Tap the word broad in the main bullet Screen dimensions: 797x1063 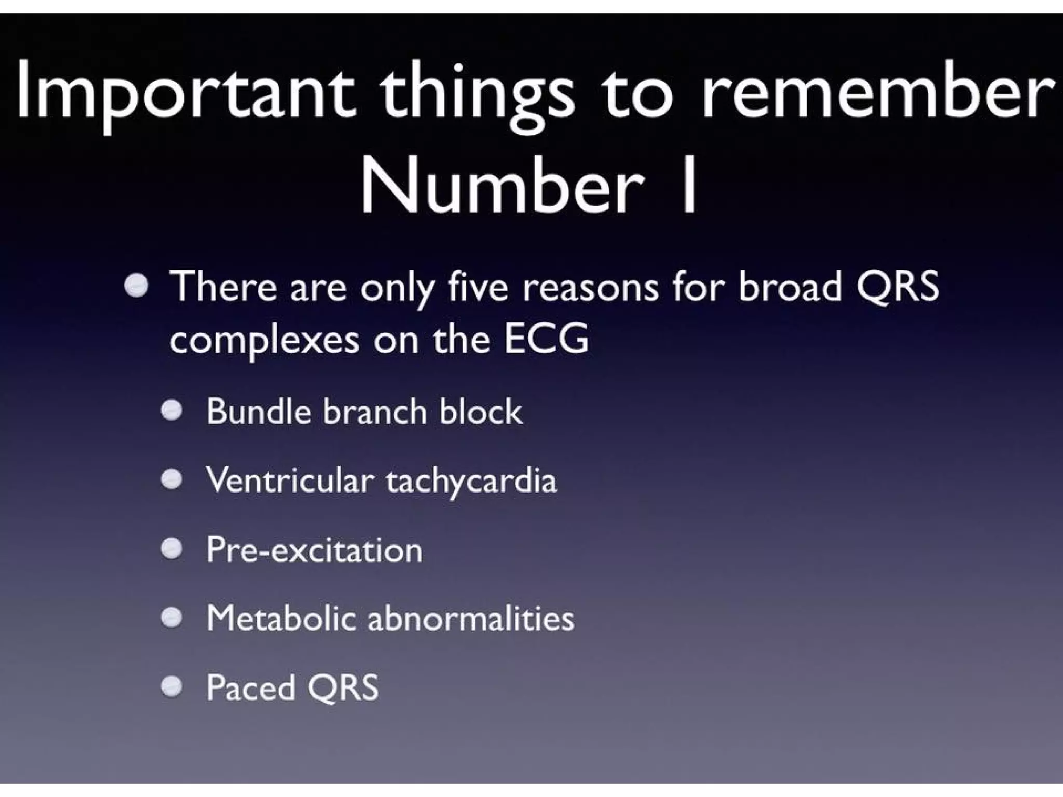point(789,287)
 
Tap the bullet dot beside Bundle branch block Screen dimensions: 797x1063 point(171,411)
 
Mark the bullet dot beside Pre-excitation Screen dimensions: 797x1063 point(171,549)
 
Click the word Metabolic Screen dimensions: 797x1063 point(281,618)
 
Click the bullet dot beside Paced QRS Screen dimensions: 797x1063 point(171,687)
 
